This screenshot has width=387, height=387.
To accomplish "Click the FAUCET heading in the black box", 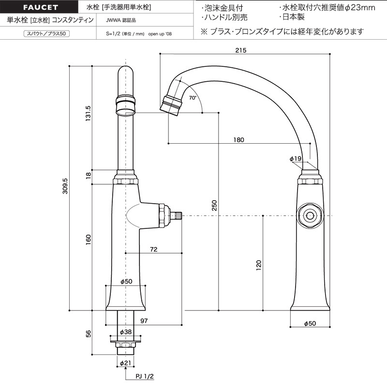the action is click(x=41, y=7).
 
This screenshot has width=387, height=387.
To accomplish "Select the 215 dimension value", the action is click(x=240, y=50).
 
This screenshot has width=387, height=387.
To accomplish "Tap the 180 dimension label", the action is click(x=238, y=140).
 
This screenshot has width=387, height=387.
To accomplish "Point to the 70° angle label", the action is click(x=193, y=98).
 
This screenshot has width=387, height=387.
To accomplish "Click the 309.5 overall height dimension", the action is click(x=65, y=186).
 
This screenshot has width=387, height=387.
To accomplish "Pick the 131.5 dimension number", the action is click(x=88, y=113).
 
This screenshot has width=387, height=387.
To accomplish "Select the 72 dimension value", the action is click(x=153, y=249).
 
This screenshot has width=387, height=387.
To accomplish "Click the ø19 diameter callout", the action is click(x=296, y=159).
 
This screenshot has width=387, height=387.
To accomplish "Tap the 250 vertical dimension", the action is click(x=214, y=205).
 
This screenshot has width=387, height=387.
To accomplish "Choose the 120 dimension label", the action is click(x=258, y=265).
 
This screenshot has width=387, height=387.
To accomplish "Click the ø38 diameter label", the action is click(x=126, y=332).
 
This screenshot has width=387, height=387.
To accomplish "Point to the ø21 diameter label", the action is click(x=125, y=363).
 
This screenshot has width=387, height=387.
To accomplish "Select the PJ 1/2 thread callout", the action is click(x=145, y=376).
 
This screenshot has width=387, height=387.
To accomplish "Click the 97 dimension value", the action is click(x=144, y=321).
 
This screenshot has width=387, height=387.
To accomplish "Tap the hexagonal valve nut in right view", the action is click(x=310, y=216).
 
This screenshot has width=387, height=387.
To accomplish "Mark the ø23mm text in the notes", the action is click(x=360, y=8).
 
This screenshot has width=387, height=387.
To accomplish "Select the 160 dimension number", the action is click(x=88, y=239).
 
